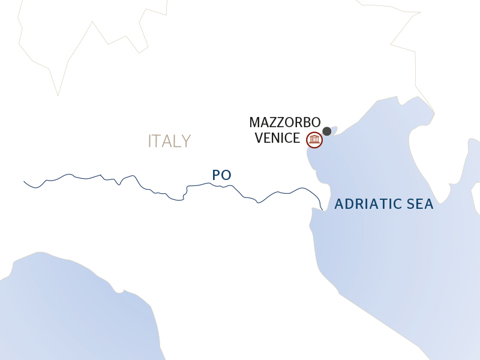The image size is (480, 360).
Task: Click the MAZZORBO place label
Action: tap(285, 122)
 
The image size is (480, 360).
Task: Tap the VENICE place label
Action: tap(277, 138)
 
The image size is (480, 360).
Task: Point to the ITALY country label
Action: tap(169, 141)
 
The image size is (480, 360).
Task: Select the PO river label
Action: tap(221, 175)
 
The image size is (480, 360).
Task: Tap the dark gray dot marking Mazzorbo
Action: tap(327, 131)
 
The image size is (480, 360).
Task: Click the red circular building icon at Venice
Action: tap(314, 140)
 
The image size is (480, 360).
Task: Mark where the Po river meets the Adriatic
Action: tap(323, 209)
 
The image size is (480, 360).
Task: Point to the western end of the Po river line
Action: tap(25, 181)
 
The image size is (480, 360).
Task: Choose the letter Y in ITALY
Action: tap(186, 141)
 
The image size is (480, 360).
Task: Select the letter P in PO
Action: tap(216, 175)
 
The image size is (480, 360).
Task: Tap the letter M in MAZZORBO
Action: tap(254, 122)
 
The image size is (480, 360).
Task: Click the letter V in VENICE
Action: tap(259, 138)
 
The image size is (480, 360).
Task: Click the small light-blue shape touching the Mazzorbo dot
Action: tap(334, 129)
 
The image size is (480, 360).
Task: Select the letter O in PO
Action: tap(226, 175)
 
